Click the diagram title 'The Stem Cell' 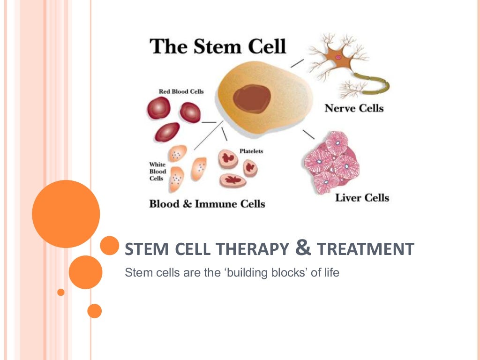pos(217,46)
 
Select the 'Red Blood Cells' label pos(181,91)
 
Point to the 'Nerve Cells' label pos(354,108)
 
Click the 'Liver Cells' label pos(362,197)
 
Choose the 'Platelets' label pos(251,151)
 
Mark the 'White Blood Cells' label pos(158,172)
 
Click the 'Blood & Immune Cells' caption pos(207,204)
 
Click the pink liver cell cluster pos(332,162)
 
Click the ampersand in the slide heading pos(304,248)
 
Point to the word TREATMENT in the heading pos(366,249)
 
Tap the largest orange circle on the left pos(66,214)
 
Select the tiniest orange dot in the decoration pos(60,292)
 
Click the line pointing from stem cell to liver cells pos(308,134)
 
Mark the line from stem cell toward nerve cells pos(297,63)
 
